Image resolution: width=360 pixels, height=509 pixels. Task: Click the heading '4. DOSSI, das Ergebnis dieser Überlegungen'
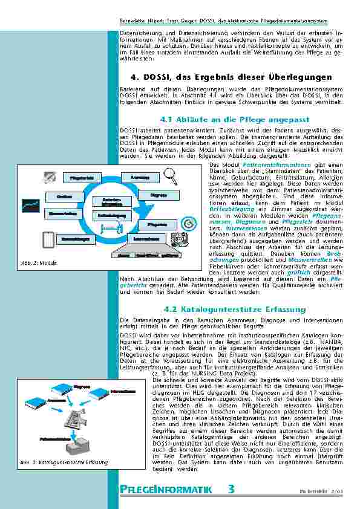tap(231, 77)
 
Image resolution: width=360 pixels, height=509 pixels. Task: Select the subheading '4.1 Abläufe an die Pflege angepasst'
tap(231, 120)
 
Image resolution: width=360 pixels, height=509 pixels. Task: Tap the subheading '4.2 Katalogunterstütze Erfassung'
tap(231, 309)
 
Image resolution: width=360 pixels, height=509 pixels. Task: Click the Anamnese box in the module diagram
tap(140, 177)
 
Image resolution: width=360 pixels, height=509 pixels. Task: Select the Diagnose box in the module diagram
tap(159, 195)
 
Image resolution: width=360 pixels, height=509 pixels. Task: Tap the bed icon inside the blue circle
tap(111, 226)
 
